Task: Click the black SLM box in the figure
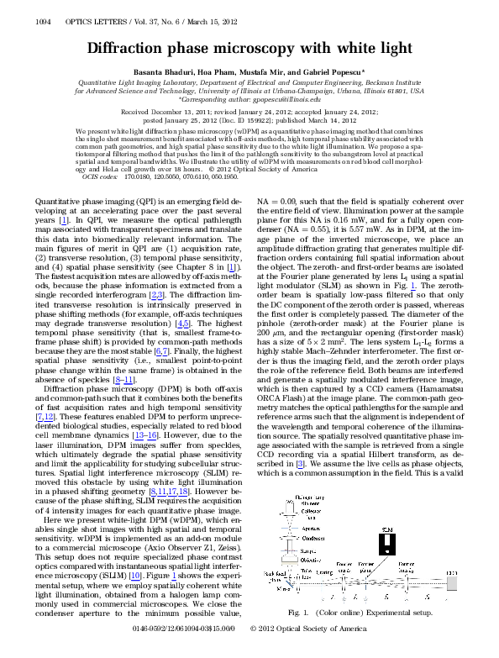[387, 544]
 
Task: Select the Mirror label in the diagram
[282, 589]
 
